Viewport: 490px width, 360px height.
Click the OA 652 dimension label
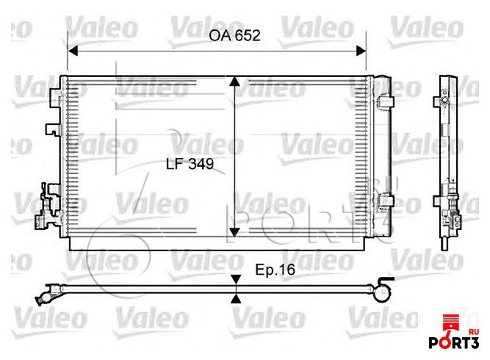click(234, 35)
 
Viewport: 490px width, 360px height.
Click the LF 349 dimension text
click(190, 164)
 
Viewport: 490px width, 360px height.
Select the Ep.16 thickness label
click(275, 270)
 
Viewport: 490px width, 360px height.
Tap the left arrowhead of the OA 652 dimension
click(73, 51)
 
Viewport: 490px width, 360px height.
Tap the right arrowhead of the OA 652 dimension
click(361, 51)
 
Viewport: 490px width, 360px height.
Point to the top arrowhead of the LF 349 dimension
click(234, 82)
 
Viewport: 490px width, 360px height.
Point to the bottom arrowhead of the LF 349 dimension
click(234, 232)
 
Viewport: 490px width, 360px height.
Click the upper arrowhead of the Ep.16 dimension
click(237, 279)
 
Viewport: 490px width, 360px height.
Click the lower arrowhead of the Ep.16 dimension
click(237, 299)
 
